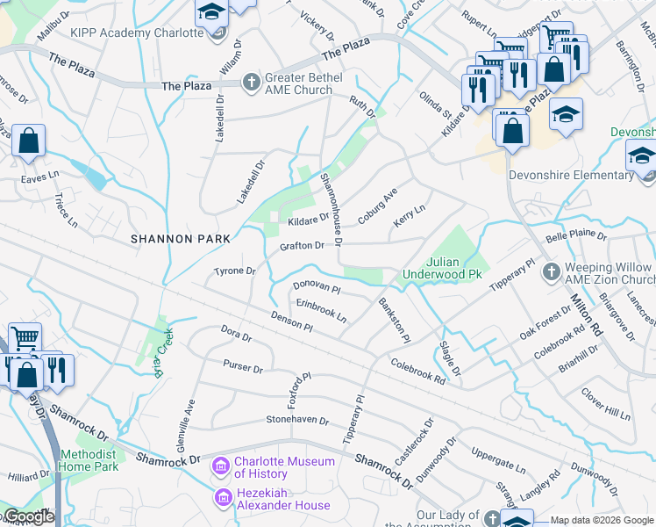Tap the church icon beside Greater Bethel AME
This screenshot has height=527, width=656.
pos(251,83)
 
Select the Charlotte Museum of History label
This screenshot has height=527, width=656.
pos(286,467)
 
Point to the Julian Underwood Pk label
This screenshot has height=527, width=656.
pos(442,268)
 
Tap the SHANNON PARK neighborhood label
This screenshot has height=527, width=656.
pos(181,238)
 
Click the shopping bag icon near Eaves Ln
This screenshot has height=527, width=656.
pos(28,141)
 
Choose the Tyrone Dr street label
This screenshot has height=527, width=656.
pos(235,271)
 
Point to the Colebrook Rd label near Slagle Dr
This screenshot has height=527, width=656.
pos(418,370)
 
